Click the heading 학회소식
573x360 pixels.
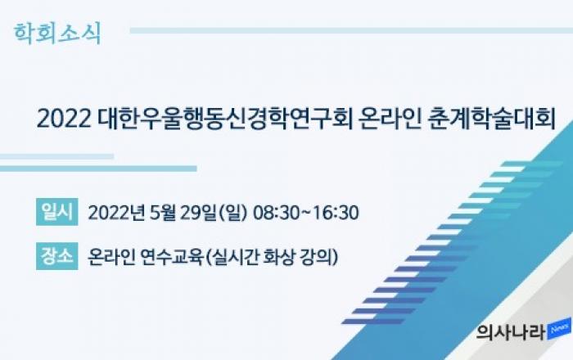[x=57, y=34]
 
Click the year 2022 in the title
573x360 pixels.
[x=64, y=119]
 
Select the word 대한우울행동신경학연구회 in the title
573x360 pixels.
[x=225, y=119]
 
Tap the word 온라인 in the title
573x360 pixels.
[x=390, y=119]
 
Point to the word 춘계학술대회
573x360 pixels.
[x=491, y=119]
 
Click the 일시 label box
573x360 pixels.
[x=57, y=212]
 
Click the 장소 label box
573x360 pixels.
[x=57, y=256]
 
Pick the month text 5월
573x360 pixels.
[x=162, y=213]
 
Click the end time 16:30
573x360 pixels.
[x=336, y=213]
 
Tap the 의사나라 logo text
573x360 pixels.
[x=511, y=332]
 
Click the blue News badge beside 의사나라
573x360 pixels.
[x=559, y=329]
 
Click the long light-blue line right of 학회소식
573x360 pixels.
[x=351, y=30]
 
